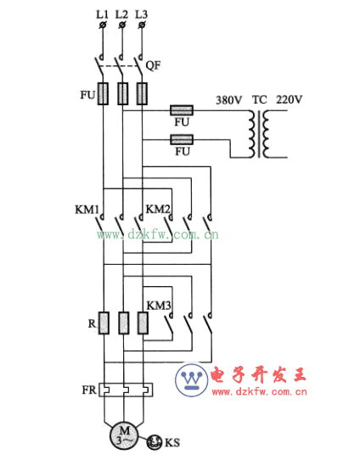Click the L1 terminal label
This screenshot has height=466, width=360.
tap(102, 14)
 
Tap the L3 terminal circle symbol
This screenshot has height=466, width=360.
tap(142, 25)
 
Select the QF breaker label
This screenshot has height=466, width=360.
tap(153, 65)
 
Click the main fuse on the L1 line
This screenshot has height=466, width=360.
tap(103, 94)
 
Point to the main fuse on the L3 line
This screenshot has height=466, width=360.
tap(142, 94)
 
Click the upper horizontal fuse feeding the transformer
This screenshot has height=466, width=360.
tap(182, 110)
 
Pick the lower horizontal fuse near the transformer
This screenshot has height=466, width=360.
tap(182, 140)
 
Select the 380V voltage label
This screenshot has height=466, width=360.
tap(229, 100)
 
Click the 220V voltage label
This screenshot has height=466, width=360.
tap(290, 99)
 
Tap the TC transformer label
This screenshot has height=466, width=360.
tap(260, 99)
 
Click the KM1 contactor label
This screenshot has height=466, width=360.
tap(87, 210)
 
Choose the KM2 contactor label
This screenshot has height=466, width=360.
tap(158, 209)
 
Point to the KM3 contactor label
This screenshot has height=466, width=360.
tap(159, 306)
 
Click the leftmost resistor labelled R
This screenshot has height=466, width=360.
tap(104, 323)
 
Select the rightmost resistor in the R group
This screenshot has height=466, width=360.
tap(143, 323)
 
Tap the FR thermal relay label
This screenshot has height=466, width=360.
tap(89, 390)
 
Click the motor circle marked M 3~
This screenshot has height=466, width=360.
tap(124, 436)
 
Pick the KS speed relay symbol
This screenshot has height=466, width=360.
tap(155, 442)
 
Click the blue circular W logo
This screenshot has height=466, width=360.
tap(191, 380)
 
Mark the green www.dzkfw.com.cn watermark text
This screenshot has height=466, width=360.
tap(158, 235)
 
